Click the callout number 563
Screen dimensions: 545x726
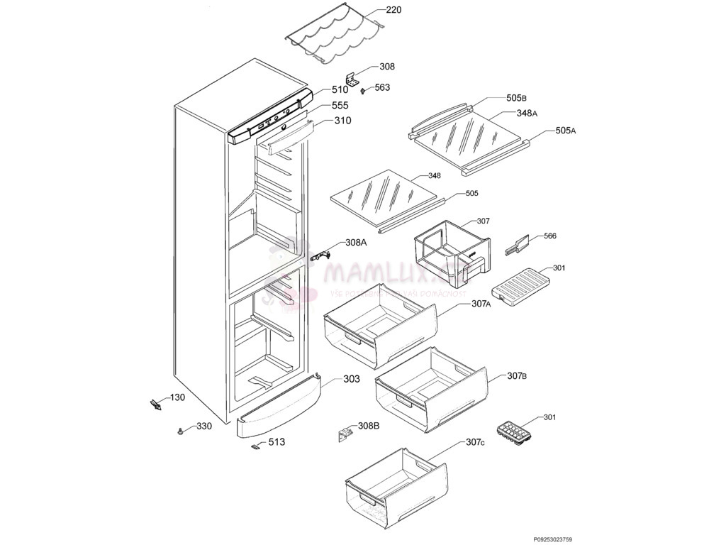pyautogui.click(x=382, y=88)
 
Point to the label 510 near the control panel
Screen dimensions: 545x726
pyautogui.click(x=340, y=90)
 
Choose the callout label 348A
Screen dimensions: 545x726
pyautogui.click(x=527, y=113)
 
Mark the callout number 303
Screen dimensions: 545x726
pyautogui.click(x=352, y=379)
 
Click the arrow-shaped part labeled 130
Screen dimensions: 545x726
pyautogui.click(x=155, y=405)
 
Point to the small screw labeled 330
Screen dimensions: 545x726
pyautogui.click(x=182, y=431)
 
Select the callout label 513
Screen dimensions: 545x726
pyautogui.click(x=277, y=442)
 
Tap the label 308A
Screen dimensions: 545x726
pyautogui.click(x=356, y=242)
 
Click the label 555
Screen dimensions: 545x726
pyautogui.click(x=340, y=106)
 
